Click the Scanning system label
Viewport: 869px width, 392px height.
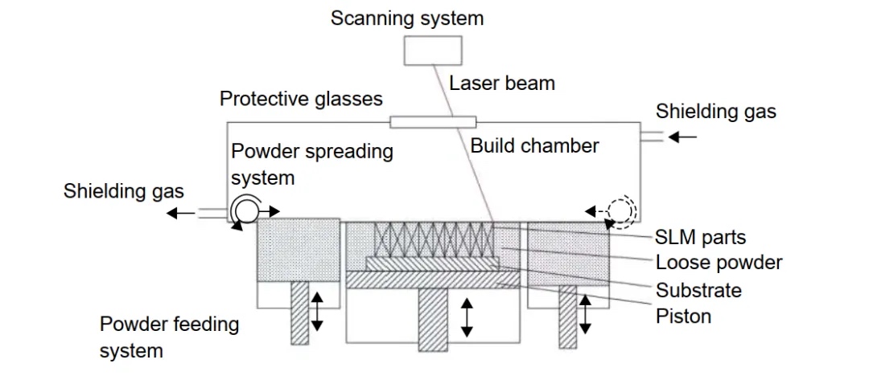[x=407, y=18]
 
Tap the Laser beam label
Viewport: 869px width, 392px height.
[x=501, y=83]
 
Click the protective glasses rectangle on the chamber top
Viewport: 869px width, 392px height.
[x=433, y=122]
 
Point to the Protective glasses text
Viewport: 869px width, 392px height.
[x=301, y=99]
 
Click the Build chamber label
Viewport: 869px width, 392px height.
[x=534, y=145]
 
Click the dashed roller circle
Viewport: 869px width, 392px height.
[x=621, y=211]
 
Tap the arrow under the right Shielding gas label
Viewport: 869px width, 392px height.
[x=683, y=137]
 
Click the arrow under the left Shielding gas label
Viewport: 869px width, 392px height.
[x=181, y=213]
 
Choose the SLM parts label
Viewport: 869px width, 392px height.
[x=700, y=237]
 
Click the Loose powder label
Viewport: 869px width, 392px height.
[x=719, y=263]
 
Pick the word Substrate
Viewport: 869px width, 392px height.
[x=698, y=290]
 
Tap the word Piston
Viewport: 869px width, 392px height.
[x=683, y=316]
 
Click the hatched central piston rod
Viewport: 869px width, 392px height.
[x=432, y=319]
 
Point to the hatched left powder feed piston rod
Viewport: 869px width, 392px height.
[x=300, y=314]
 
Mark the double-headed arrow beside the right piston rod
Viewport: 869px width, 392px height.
[x=586, y=314]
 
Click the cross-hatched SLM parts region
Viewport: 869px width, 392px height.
[x=434, y=239]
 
